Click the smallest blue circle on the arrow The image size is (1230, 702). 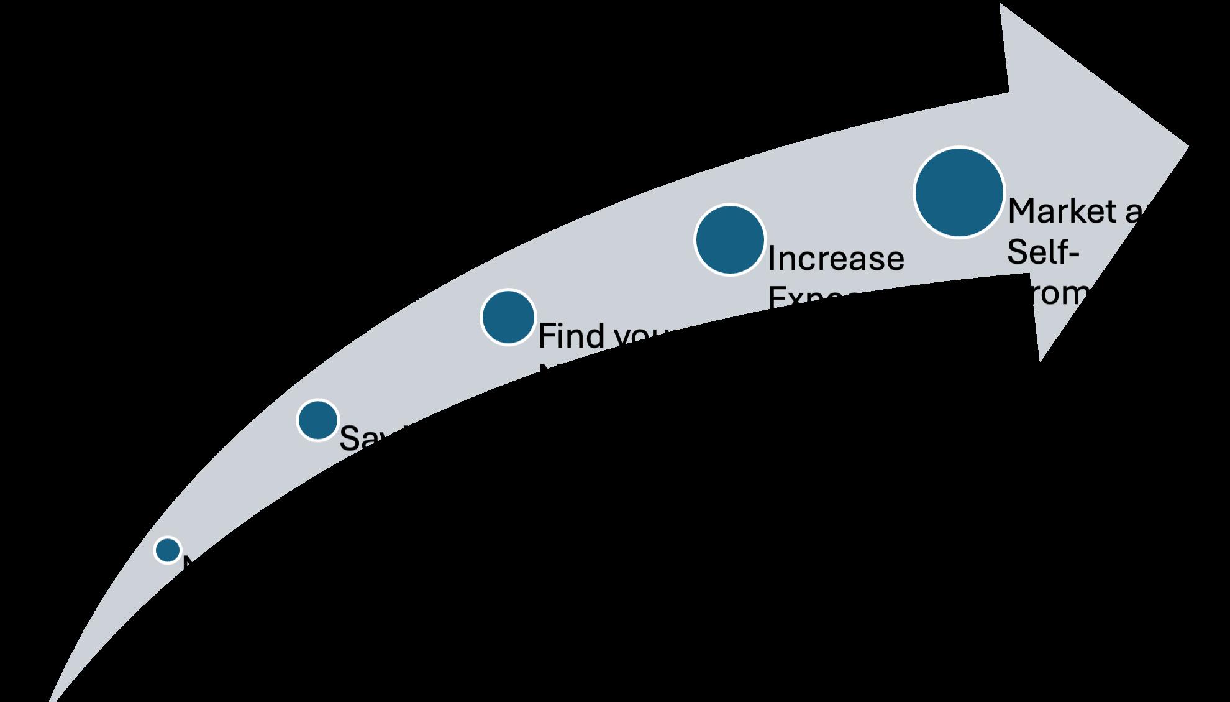click(x=168, y=550)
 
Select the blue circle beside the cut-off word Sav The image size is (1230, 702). click(x=318, y=420)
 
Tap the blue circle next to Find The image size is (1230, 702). click(x=508, y=317)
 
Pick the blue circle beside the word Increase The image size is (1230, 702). click(x=729, y=239)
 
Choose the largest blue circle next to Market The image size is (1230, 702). click(x=959, y=192)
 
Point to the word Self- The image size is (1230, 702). click(x=1042, y=252)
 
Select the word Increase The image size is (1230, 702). click(x=836, y=259)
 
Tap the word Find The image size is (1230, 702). click(x=572, y=336)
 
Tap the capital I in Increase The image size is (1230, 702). click(x=772, y=259)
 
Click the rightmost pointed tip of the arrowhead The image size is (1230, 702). click(x=1187, y=147)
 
